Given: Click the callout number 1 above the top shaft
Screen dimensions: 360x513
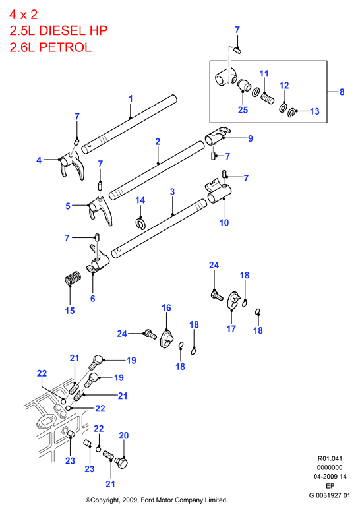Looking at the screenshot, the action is pos(131,98).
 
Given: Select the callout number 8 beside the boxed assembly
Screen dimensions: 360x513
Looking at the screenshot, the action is pos(342,92).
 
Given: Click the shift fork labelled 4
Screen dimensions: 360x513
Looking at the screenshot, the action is pos(72,166).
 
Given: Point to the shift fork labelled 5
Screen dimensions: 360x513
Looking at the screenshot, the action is pos(100,211).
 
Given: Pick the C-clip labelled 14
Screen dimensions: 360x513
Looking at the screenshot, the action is pos(140,224).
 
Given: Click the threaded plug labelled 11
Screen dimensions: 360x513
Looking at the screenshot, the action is pos(268,98).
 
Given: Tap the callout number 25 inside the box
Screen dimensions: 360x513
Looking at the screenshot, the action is pos(243,110).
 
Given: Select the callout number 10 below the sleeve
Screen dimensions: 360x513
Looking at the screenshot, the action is pos(224,223).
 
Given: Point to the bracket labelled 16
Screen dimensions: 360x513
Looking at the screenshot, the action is pos(167,340).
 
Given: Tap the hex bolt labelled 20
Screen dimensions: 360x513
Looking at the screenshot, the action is pos(121,463).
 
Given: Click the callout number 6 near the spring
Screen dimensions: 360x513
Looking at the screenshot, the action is pos(92,299).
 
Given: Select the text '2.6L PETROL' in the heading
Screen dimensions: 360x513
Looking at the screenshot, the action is pos(50,47).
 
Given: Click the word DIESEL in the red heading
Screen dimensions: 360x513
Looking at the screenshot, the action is pos(62,31).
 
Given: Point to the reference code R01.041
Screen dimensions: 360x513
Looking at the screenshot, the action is pos(330,458).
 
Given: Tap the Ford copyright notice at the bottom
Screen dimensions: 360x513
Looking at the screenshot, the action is pos(156,500).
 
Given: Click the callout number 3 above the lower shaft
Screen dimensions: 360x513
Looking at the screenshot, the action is pos(173,192).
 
